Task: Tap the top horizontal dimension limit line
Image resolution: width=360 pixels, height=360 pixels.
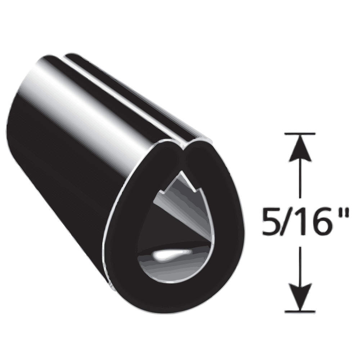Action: (x=300, y=134)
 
